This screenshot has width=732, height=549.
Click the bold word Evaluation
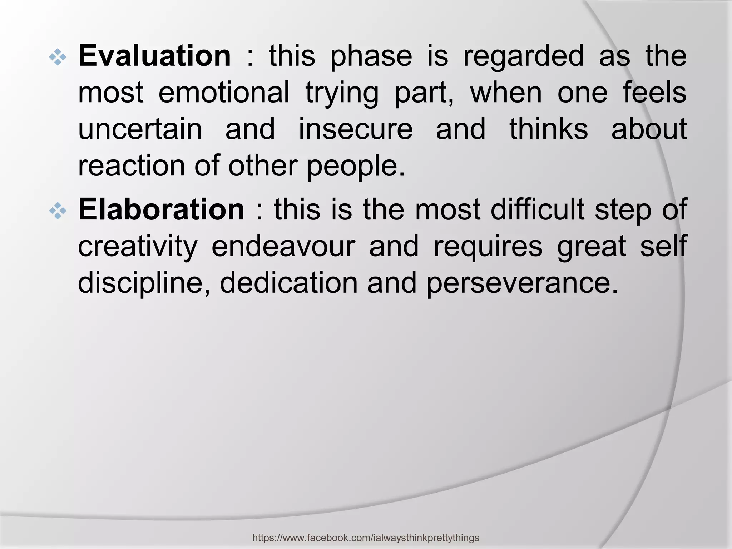coord(154,56)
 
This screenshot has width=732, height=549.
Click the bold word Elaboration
coord(161,210)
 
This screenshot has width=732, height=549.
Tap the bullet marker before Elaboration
coord(58,212)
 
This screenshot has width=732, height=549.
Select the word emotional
coord(224,93)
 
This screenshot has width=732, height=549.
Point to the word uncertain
coord(140,129)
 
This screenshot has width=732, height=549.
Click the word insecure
coord(356,129)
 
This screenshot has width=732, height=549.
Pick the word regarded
coord(523,56)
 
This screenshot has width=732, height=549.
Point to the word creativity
coord(138,247)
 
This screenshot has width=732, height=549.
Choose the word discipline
coord(143,284)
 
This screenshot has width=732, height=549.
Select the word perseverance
coord(522,284)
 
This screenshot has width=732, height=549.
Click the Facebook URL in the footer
coord(366,538)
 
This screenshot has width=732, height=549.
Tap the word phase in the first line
coord(371,57)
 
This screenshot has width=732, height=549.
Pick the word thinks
coord(549,129)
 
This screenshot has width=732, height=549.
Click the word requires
coord(488,247)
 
